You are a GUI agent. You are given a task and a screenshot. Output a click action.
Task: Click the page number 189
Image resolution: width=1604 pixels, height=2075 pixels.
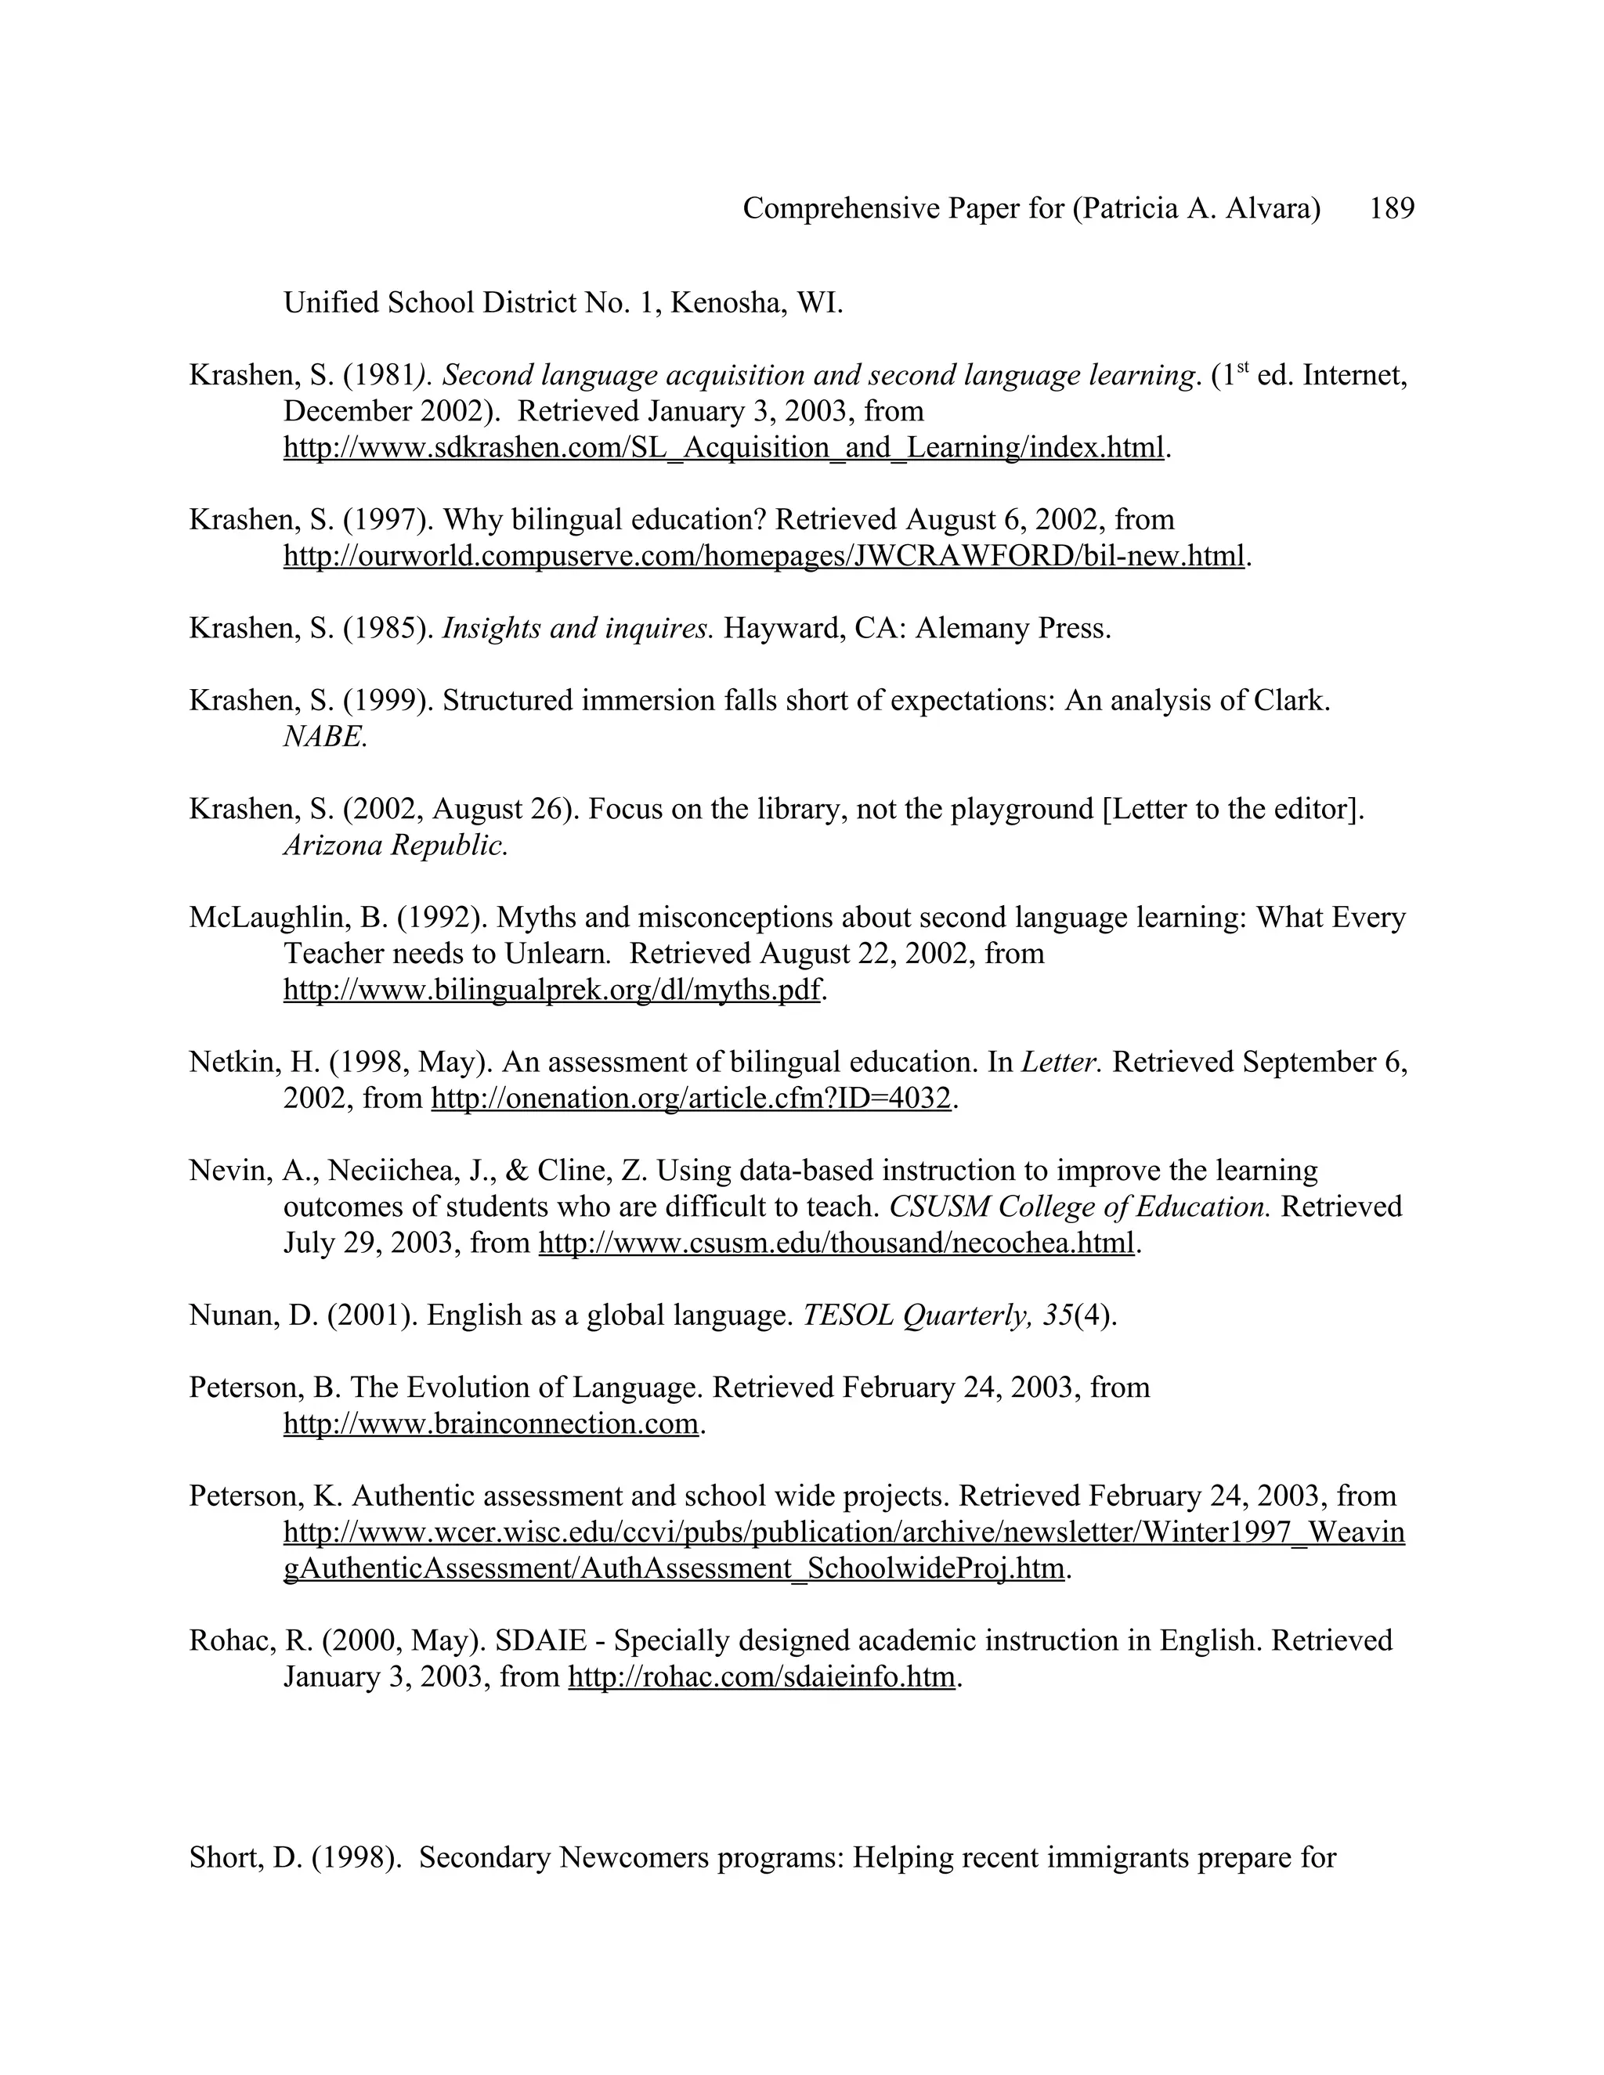pos(1391,208)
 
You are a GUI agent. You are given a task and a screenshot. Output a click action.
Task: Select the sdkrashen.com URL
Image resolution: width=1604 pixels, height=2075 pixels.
pos(723,447)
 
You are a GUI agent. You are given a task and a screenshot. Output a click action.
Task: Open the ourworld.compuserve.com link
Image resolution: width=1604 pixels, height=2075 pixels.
pos(763,556)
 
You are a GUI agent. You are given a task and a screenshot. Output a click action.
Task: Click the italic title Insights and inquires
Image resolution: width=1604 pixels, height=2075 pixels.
pos(576,628)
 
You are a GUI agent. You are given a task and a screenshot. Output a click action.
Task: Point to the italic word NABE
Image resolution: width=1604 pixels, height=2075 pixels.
pos(324,736)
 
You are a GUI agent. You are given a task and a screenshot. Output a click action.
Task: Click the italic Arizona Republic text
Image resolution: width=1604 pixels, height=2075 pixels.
pos(396,845)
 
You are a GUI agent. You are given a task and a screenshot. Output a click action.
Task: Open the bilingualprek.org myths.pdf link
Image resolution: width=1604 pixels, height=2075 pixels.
pos(551,990)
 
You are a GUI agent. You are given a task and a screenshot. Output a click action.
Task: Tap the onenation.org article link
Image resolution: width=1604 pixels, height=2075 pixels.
pos(691,1099)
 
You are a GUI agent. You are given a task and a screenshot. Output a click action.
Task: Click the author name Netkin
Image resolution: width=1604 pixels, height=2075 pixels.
pos(232,1063)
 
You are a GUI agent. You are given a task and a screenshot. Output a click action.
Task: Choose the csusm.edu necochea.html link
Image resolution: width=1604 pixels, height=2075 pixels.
pos(836,1243)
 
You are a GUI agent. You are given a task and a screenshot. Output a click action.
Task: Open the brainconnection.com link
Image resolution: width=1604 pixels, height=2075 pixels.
pos(490,1424)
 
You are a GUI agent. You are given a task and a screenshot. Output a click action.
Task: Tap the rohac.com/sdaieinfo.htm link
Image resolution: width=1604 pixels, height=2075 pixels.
pos(761,1677)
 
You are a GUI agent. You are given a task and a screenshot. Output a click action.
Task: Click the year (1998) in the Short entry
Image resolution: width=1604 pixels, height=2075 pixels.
pos(356,1857)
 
